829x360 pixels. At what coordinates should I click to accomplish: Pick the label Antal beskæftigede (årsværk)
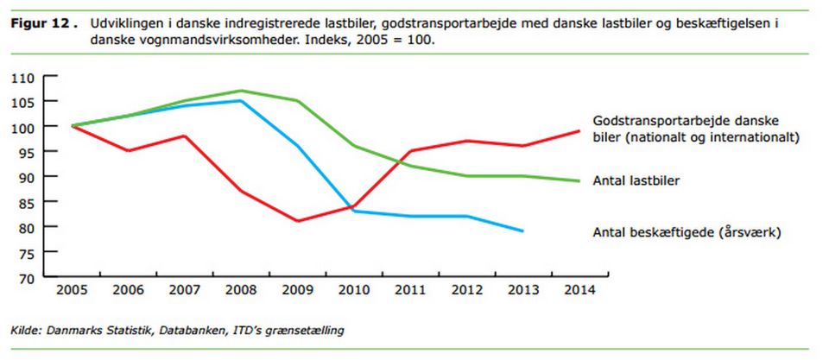pos(687,231)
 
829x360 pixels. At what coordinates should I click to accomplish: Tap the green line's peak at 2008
pos(240,91)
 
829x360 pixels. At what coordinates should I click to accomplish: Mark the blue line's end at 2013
pos(522,231)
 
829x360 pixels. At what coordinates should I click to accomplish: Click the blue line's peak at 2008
pos(240,101)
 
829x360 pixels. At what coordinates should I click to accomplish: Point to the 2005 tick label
pos(72,288)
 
